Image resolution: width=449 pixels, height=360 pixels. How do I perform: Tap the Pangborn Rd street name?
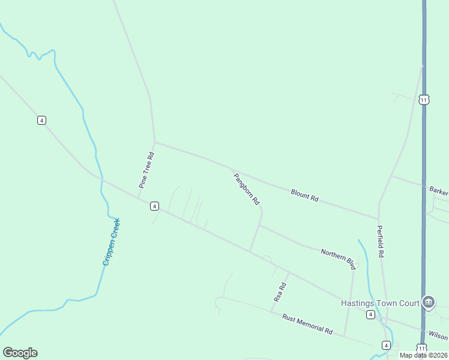coord(246,187)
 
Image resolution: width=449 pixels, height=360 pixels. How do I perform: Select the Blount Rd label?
coord(304,195)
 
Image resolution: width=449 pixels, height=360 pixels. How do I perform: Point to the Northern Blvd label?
coord(338,259)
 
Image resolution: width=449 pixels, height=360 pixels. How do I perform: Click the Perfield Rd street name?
coord(380,241)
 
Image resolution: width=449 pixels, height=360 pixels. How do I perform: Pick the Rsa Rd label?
coord(280,292)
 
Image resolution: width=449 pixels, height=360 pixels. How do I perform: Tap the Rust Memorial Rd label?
coord(307,323)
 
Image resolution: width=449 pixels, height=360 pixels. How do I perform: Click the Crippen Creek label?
coord(112,242)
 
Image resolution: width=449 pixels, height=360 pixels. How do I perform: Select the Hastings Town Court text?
coord(380,303)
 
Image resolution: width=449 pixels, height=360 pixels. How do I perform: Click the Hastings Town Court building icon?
coord(429,302)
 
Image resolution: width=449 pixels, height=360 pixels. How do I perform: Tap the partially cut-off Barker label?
coord(439,191)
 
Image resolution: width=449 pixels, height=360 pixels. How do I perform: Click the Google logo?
coord(20,353)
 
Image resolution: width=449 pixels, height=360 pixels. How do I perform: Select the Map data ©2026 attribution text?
coord(423,355)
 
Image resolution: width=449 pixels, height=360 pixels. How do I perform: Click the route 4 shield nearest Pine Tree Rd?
coord(155,206)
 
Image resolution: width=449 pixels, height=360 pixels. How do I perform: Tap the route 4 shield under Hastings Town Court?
coord(371,314)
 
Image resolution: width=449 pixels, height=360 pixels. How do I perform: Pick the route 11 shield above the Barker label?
coord(424,100)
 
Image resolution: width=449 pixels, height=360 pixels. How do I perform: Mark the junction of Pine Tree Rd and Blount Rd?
coord(155,142)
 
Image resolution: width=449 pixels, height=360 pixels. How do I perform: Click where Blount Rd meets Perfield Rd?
coord(378,218)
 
